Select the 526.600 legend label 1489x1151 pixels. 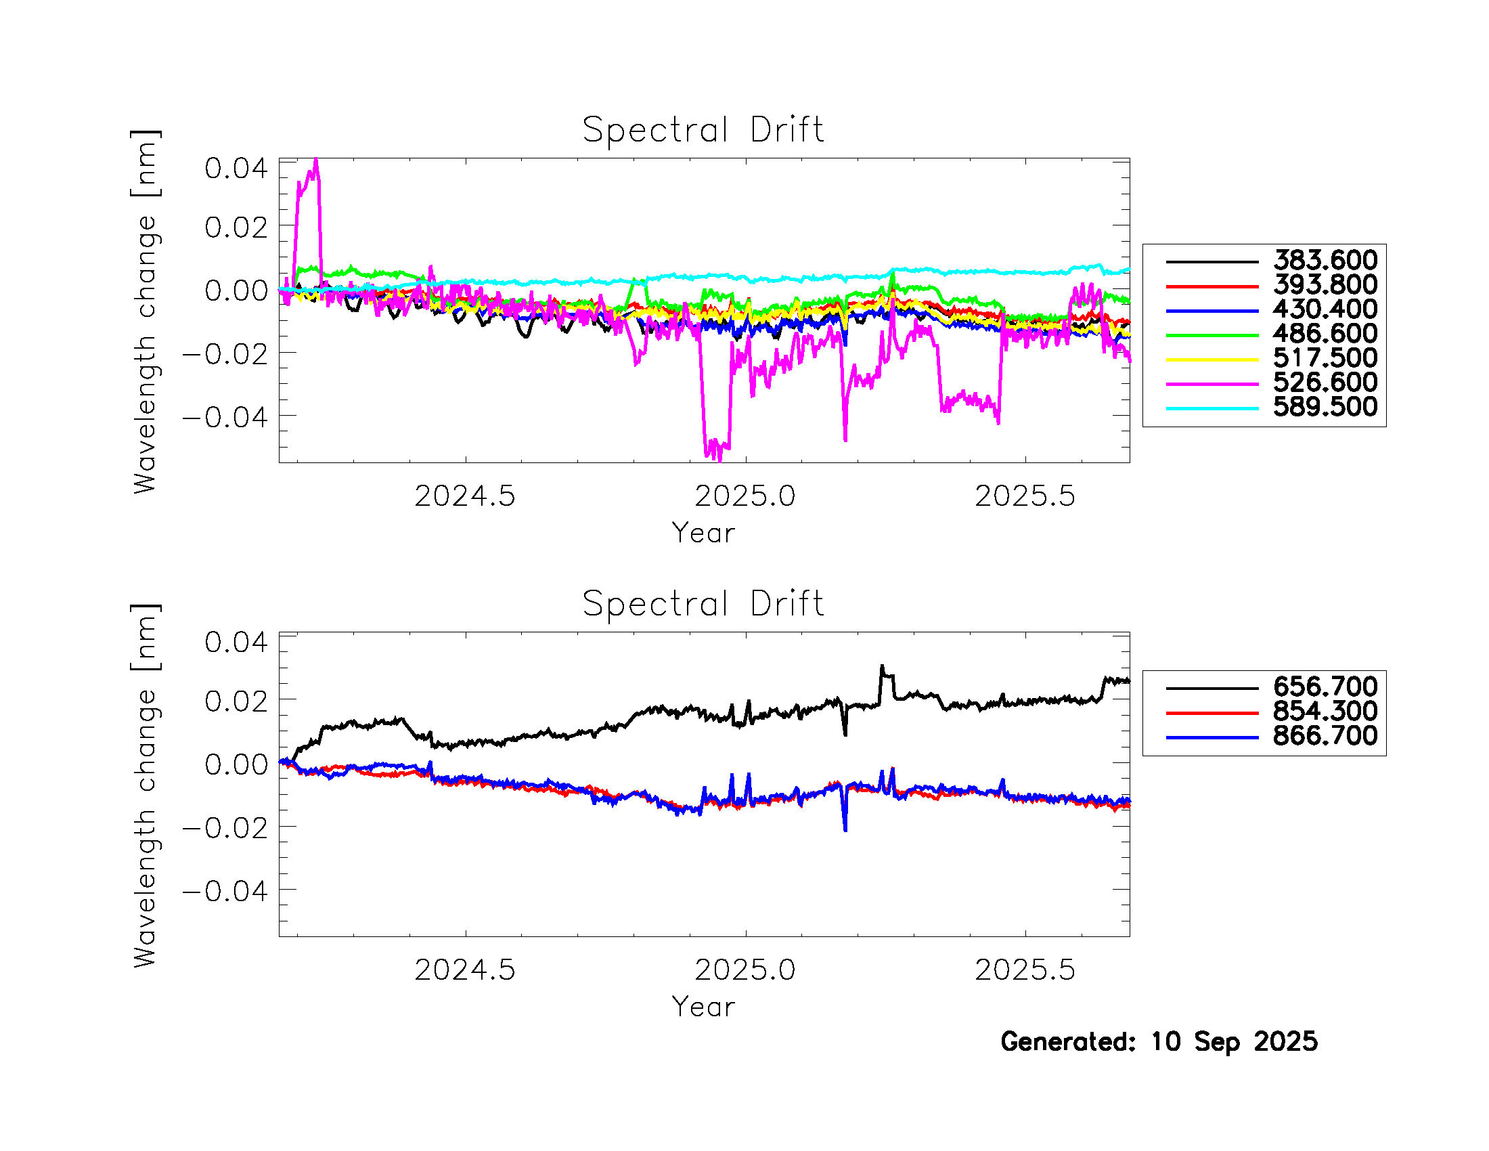[1325, 383]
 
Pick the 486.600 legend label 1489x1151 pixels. [1325, 333]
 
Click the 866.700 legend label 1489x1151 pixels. [1325, 736]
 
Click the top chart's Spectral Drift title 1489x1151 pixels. [703, 129]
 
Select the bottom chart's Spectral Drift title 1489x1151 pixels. [703, 603]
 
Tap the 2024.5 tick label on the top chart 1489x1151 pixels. [465, 496]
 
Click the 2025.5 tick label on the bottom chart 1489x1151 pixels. [1025, 970]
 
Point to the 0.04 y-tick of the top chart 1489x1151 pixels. [236, 169]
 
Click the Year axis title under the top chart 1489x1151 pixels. [703, 534]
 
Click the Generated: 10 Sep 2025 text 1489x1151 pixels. [1158, 1042]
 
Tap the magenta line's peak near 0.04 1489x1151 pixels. [315, 161]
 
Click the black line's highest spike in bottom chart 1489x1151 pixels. [881, 667]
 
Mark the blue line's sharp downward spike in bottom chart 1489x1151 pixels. [845, 829]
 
